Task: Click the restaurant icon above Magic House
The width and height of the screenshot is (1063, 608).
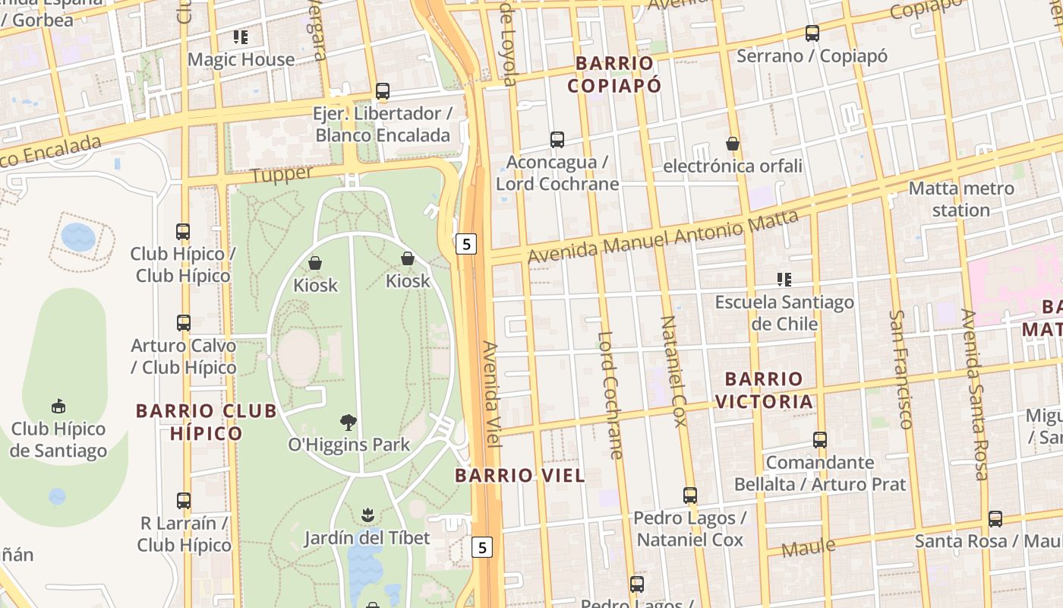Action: [x=241, y=36]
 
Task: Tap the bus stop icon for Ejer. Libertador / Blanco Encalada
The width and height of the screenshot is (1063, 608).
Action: [x=383, y=91]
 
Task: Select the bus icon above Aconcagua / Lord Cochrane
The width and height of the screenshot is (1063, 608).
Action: [x=557, y=140]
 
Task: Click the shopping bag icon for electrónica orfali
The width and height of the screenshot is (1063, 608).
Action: [x=733, y=144]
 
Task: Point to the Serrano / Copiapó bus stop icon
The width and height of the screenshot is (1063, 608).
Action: [x=812, y=33]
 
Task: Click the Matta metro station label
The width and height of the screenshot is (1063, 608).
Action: [x=960, y=199]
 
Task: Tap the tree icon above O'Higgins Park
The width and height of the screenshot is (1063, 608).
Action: [x=349, y=423]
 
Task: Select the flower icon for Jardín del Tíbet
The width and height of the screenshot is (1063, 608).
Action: [x=367, y=515]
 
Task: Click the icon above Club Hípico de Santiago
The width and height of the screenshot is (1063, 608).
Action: [x=58, y=407]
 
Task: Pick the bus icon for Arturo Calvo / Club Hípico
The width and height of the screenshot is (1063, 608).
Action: [x=183, y=323]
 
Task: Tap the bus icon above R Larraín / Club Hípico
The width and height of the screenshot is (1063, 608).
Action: [x=183, y=501]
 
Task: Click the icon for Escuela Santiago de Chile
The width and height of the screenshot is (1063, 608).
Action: [x=784, y=280]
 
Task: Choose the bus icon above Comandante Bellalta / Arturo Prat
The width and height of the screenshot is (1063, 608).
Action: [x=819, y=440]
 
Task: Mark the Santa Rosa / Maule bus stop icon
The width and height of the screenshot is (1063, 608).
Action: [x=995, y=519]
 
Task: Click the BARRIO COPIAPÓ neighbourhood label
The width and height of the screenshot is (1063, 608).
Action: [x=614, y=74]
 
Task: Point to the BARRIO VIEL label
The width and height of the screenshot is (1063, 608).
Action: [x=520, y=476]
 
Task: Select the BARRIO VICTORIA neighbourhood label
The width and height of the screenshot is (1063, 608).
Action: [x=764, y=390]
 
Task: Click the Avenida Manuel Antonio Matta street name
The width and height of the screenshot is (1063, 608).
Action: [x=663, y=237]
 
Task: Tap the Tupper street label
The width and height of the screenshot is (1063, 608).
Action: [x=282, y=174]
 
